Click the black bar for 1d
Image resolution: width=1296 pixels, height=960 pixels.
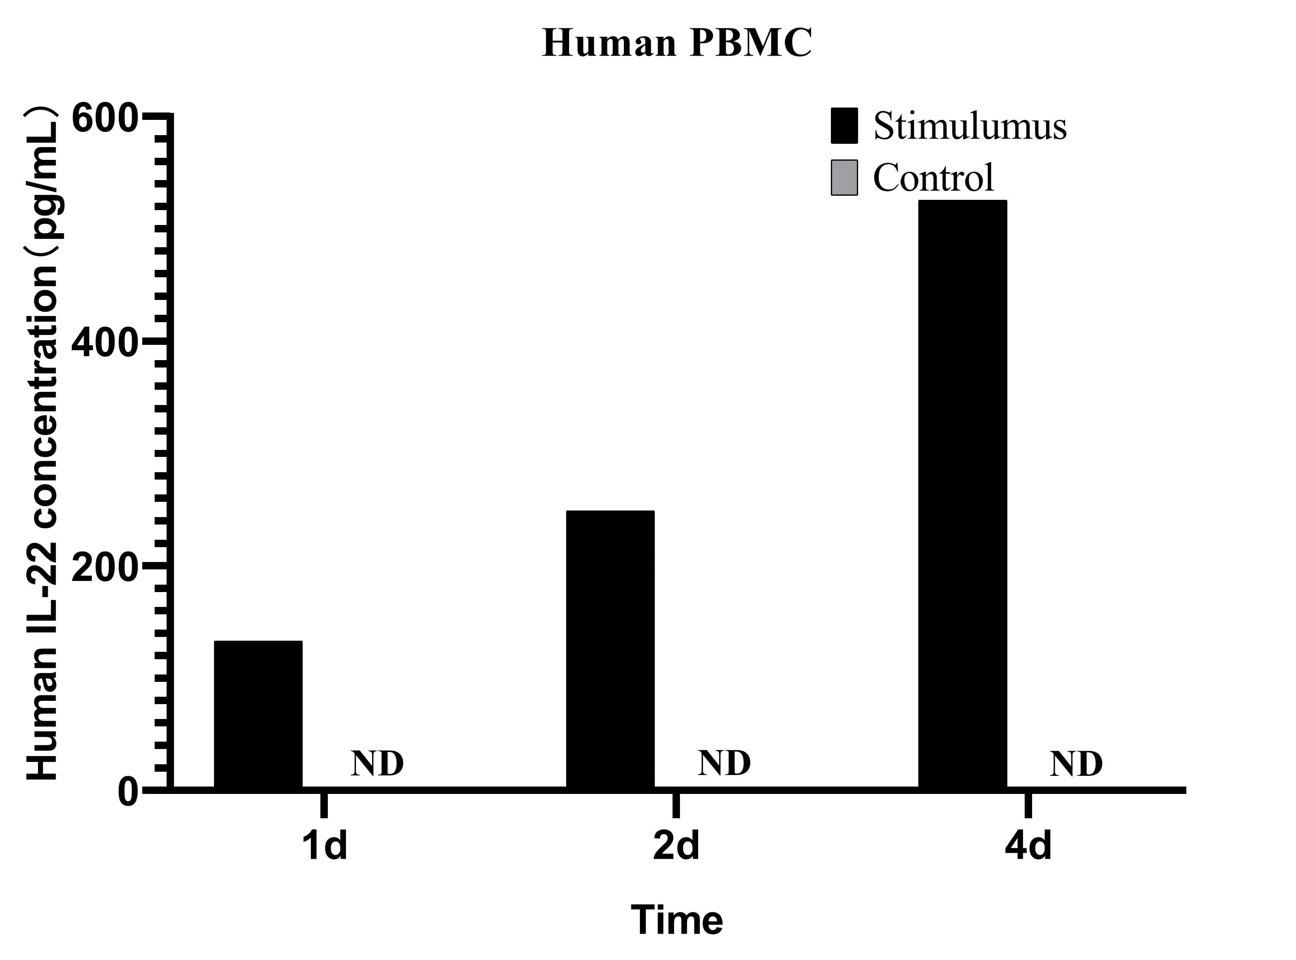[258, 715]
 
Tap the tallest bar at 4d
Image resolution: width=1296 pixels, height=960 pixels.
[962, 494]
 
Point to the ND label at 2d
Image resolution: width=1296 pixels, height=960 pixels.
[724, 763]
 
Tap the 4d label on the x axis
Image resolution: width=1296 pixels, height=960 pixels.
[1028, 846]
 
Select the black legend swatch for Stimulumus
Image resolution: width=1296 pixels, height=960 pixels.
[844, 126]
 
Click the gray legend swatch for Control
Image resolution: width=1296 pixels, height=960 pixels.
[844, 177]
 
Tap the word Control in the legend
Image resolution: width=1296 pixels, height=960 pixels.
[933, 177]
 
